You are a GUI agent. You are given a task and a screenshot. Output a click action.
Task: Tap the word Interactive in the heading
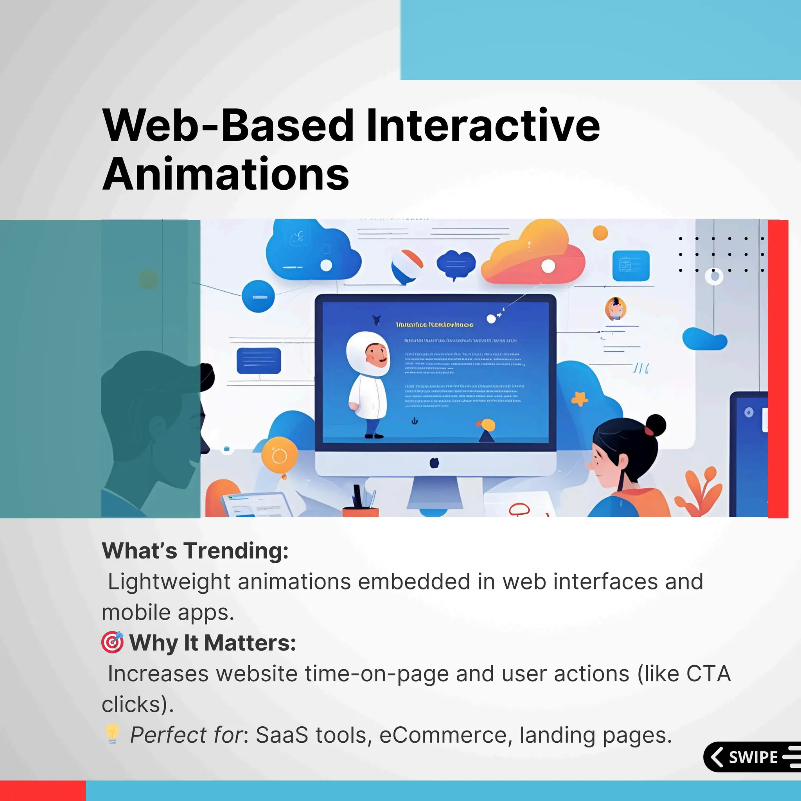click(x=483, y=125)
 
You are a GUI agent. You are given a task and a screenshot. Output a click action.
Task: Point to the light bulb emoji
click(x=112, y=734)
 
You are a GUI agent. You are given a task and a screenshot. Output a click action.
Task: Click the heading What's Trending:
click(x=195, y=551)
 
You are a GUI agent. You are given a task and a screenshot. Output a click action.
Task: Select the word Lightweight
click(x=169, y=582)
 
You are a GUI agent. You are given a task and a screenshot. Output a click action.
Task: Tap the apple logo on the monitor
click(x=434, y=462)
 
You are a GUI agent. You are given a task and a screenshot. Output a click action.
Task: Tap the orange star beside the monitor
click(x=580, y=399)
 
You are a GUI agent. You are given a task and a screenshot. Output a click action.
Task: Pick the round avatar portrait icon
click(x=615, y=309)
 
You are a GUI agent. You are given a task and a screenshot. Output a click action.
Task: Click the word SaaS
click(x=282, y=736)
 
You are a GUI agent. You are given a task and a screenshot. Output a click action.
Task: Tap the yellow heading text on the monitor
click(x=435, y=325)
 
